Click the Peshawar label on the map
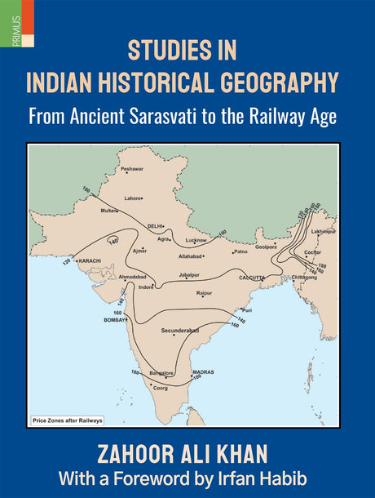(131, 169)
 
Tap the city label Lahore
(132, 198)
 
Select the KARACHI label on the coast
(88, 261)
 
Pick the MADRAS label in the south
(202, 372)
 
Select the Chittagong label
(303, 277)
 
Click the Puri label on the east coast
(248, 310)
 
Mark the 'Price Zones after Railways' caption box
(68, 420)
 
